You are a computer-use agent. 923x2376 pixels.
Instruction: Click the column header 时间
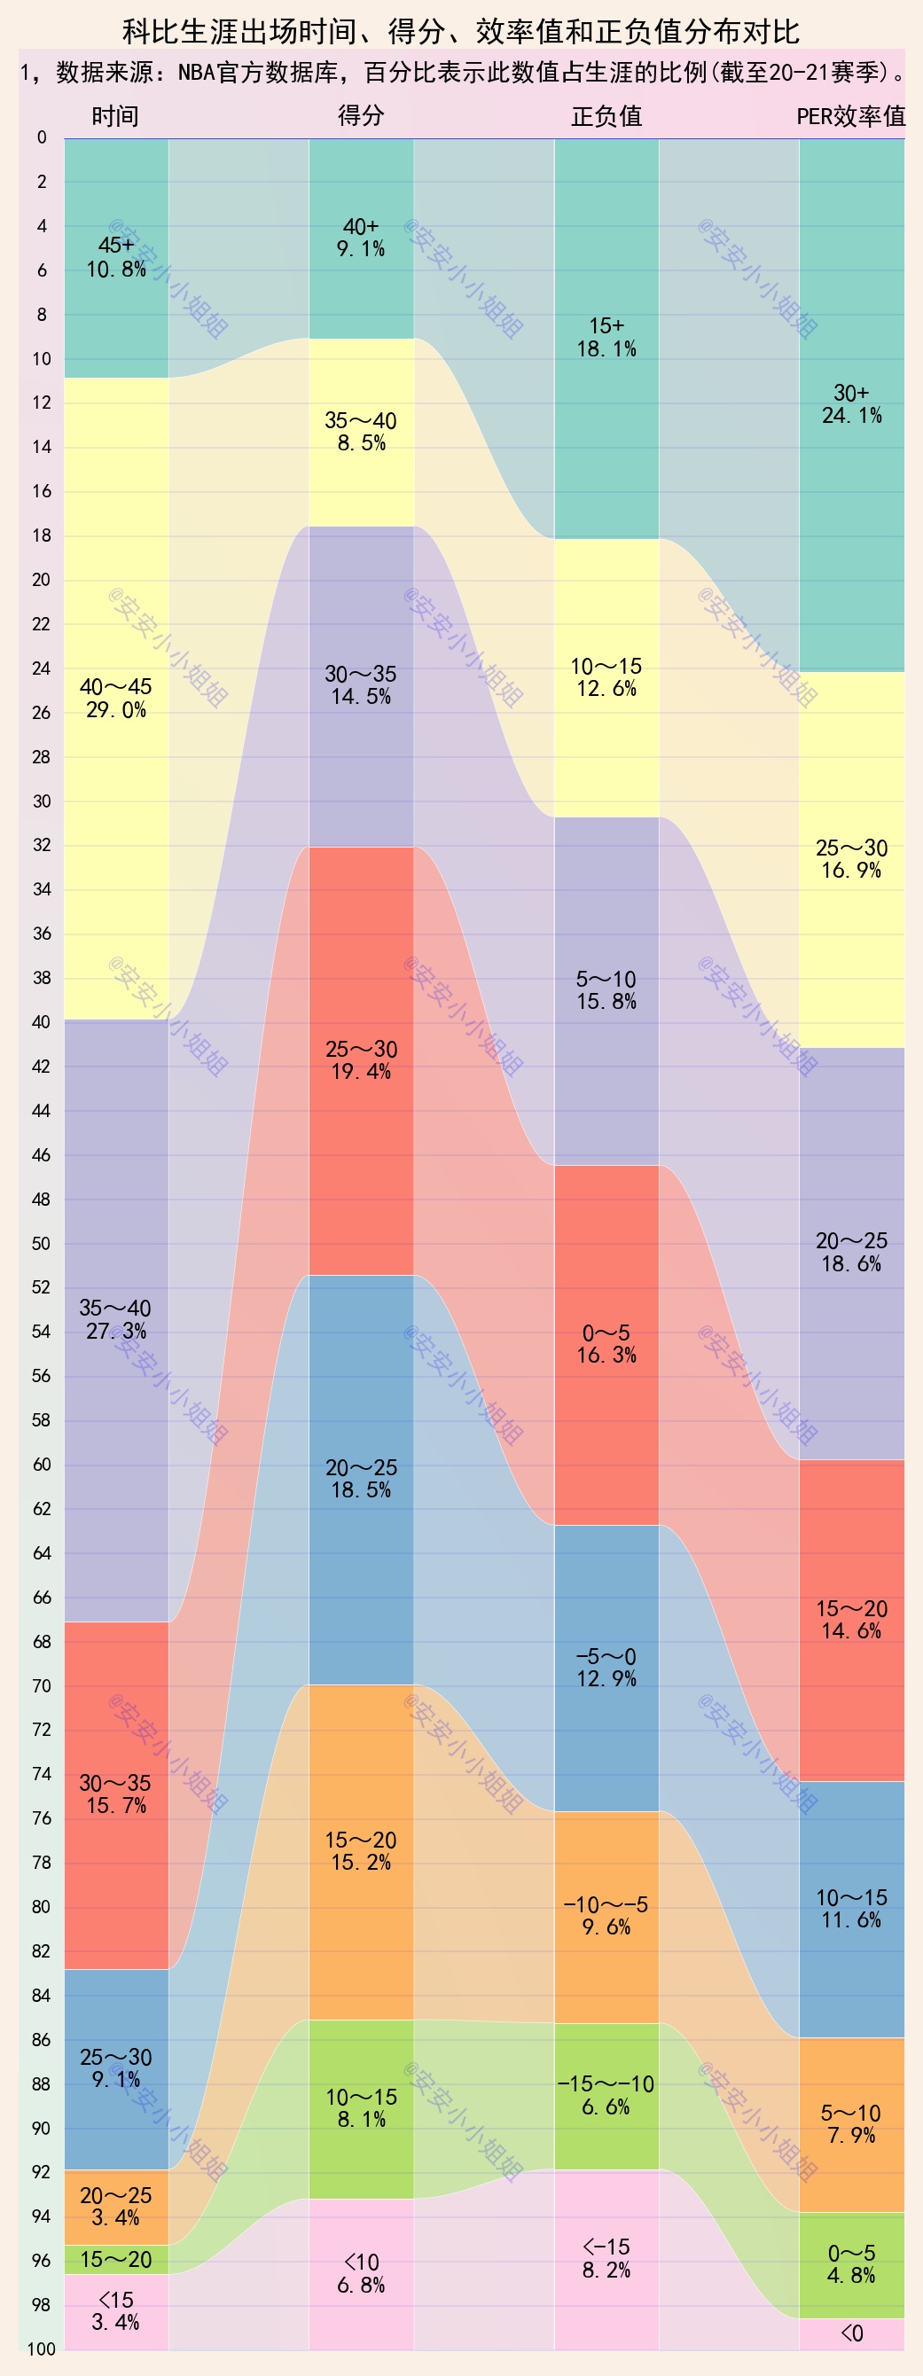(x=115, y=116)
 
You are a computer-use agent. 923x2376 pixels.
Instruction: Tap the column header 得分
(x=361, y=115)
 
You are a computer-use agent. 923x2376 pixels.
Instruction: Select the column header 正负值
(x=606, y=116)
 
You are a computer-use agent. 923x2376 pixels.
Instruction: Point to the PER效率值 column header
(x=850, y=116)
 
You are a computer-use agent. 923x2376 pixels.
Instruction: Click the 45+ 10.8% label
(x=116, y=257)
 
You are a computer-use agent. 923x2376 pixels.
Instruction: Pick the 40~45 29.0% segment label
(x=116, y=699)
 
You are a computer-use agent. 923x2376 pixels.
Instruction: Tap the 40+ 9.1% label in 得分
(x=361, y=238)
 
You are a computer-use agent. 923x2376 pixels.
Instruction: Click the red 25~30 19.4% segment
(x=361, y=1060)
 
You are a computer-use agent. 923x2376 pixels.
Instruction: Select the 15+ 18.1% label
(x=606, y=338)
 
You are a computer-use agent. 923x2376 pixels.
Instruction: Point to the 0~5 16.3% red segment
(x=606, y=1344)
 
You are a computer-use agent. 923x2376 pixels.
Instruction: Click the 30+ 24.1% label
(x=851, y=404)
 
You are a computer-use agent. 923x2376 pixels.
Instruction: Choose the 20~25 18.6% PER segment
(x=851, y=1252)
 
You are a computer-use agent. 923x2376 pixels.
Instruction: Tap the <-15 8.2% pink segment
(x=606, y=2258)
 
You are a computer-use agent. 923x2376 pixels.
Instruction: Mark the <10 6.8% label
(x=361, y=2274)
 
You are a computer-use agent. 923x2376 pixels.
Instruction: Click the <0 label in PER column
(x=851, y=2333)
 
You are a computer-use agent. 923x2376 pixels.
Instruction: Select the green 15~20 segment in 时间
(x=116, y=2259)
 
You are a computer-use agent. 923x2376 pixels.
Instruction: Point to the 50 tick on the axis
(x=42, y=1243)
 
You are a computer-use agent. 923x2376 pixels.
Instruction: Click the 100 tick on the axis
(x=42, y=2349)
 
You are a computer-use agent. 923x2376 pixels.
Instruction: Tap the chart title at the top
(x=461, y=32)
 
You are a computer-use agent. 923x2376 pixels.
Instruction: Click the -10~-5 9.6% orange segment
(x=606, y=1916)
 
